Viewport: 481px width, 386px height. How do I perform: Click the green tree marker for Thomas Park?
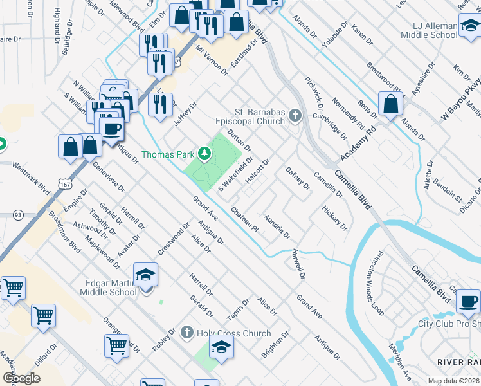pyautogui.click(x=204, y=153)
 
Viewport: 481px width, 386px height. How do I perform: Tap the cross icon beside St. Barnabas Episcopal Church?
pyautogui.click(x=295, y=116)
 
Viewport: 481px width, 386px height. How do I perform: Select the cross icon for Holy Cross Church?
pyautogui.click(x=186, y=333)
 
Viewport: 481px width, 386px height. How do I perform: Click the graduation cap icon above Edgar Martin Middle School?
pyautogui.click(x=146, y=275)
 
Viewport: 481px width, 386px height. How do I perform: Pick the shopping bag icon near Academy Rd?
pyautogui.click(x=390, y=104)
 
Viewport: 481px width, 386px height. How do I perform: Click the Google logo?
pyautogui.click(x=21, y=378)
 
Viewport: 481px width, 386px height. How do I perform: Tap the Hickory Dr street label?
pyautogui.click(x=335, y=218)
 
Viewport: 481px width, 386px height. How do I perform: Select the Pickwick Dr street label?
pyautogui.click(x=316, y=92)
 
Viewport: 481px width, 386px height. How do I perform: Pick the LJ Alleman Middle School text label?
pyautogui.click(x=435, y=30)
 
